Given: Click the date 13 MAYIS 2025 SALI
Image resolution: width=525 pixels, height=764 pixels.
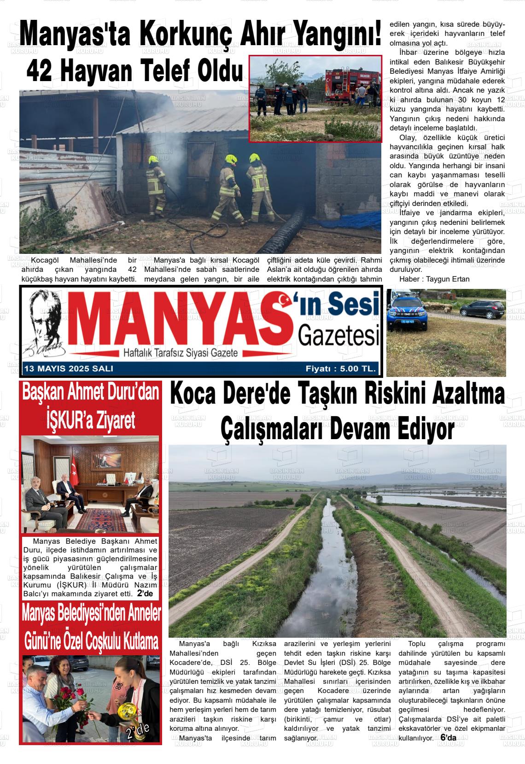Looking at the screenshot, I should (68, 369).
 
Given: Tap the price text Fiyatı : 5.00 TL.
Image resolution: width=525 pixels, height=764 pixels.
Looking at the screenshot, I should (341, 369).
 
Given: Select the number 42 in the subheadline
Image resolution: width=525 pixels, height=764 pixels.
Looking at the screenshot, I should (39, 71).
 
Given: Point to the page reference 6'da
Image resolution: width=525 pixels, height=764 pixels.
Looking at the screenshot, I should (448, 738).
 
